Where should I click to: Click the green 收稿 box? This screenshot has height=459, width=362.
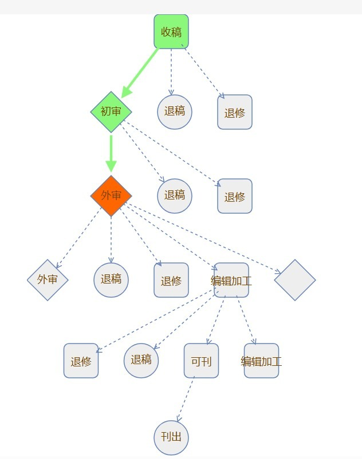(x=171, y=31)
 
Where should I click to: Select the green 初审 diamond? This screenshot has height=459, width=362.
(x=111, y=111)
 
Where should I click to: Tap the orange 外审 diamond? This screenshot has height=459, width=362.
(x=111, y=195)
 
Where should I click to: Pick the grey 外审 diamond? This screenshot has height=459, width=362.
(x=48, y=280)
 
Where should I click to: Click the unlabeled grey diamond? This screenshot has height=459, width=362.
(x=295, y=280)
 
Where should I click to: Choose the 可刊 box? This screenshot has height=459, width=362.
(x=201, y=361)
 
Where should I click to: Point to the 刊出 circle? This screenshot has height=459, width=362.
(x=171, y=437)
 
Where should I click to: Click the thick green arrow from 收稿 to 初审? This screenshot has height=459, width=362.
(x=140, y=72)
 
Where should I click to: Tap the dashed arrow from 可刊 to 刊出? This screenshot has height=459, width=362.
(x=186, y=400)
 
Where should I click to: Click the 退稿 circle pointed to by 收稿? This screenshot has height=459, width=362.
(x=175, y=111)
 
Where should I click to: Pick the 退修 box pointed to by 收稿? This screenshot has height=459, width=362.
(x=235, y=112)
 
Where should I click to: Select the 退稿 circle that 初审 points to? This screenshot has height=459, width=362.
(x=175, y=195)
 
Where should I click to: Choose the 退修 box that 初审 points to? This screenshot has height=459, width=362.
(x=235, y=196)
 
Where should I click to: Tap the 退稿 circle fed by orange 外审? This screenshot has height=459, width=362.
(x=111, y=280)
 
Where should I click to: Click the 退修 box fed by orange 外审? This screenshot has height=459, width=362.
(x=171, y=280)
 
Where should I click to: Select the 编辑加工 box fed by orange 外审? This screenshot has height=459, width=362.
(x=231, y=280)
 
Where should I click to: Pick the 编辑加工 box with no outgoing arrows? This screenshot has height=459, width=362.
(x=261, y=361)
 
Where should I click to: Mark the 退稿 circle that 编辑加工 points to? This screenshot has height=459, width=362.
(x=141, y=360)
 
